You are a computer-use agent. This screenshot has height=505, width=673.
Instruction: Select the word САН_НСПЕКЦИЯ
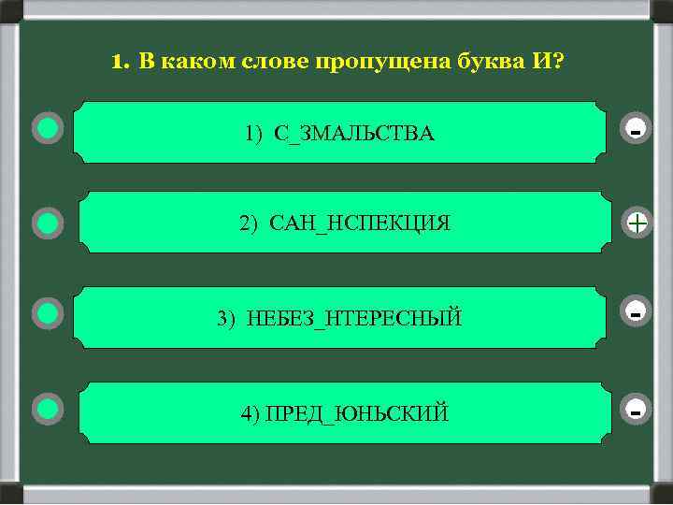click(360, 224)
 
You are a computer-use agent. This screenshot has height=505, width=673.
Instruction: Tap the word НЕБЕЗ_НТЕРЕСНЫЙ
click(354, 319)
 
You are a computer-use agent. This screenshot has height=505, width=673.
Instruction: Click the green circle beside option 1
click(48, 128)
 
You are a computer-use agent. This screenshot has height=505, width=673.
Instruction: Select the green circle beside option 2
click(48, 223)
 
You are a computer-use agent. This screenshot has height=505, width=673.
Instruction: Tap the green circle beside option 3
click(48, 313)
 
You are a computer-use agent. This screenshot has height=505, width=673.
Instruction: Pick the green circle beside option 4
click(48, 408)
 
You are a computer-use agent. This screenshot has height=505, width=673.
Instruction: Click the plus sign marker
click(637, 223)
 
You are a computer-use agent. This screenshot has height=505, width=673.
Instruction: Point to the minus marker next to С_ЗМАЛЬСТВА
click(636, 132)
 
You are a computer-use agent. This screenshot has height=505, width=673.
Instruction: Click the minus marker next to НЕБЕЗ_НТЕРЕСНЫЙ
click(636, 312)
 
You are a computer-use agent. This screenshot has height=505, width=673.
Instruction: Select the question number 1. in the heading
click(119, 63)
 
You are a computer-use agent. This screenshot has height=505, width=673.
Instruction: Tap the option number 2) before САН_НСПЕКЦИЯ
click(248, 224)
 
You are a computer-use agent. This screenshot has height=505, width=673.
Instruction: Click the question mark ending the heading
click(558, 63)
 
